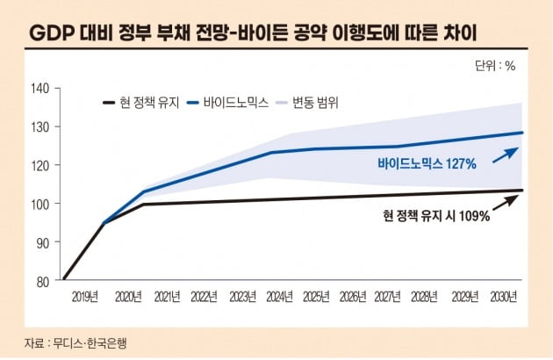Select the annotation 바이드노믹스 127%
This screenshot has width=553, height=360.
click(x=427, y=163)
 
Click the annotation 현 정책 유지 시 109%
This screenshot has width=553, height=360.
click(x=436, y=214)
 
